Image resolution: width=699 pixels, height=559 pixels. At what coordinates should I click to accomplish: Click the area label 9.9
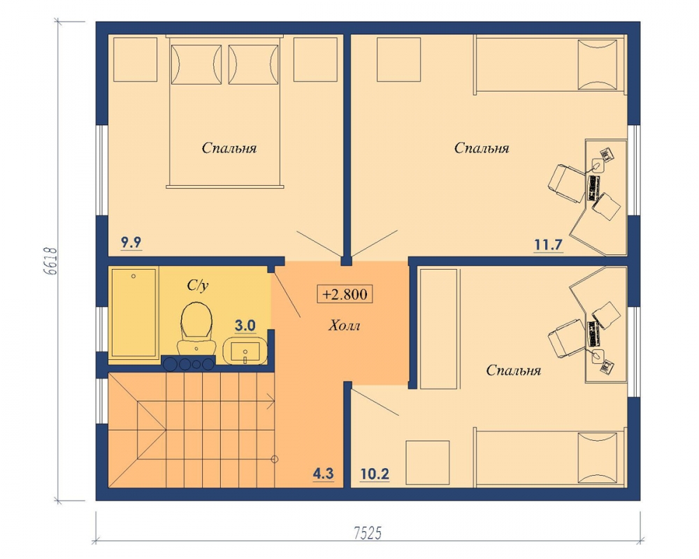click(131, 243)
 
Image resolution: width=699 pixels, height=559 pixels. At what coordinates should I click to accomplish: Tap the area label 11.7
click(548, 245)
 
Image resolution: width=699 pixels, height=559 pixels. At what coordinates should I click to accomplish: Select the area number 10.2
click(375, 474)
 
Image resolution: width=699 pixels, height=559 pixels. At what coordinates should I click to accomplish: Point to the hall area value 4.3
click(323, 474)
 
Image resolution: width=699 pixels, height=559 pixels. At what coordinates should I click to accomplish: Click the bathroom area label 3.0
click(245, 326)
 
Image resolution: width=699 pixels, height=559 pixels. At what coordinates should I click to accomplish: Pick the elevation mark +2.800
click(345, 294)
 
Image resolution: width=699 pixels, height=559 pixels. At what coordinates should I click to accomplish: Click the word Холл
click(344, 326)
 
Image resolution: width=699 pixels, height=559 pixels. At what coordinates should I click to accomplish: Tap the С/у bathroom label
click(198, 285)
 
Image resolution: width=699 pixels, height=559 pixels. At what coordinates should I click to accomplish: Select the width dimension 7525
click(368, 533)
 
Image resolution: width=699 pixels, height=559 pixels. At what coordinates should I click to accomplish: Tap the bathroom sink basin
click(245, 350)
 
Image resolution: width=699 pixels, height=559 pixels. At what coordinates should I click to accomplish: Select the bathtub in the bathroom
click(134, 312)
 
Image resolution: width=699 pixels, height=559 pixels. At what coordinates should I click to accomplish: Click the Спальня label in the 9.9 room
click(229, 148)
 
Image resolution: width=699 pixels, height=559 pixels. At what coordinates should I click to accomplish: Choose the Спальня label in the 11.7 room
click(482, 148)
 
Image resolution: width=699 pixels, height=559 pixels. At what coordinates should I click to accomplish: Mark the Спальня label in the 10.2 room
click(514, 370)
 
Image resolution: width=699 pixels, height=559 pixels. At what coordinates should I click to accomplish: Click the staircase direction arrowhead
click(271, 401)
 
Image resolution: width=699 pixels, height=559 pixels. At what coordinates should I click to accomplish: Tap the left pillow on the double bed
click(196, 64)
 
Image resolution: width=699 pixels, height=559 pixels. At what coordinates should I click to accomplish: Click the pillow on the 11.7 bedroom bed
click(600, 64)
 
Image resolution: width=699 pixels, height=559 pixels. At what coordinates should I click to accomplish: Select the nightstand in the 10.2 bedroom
click(428, 463)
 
